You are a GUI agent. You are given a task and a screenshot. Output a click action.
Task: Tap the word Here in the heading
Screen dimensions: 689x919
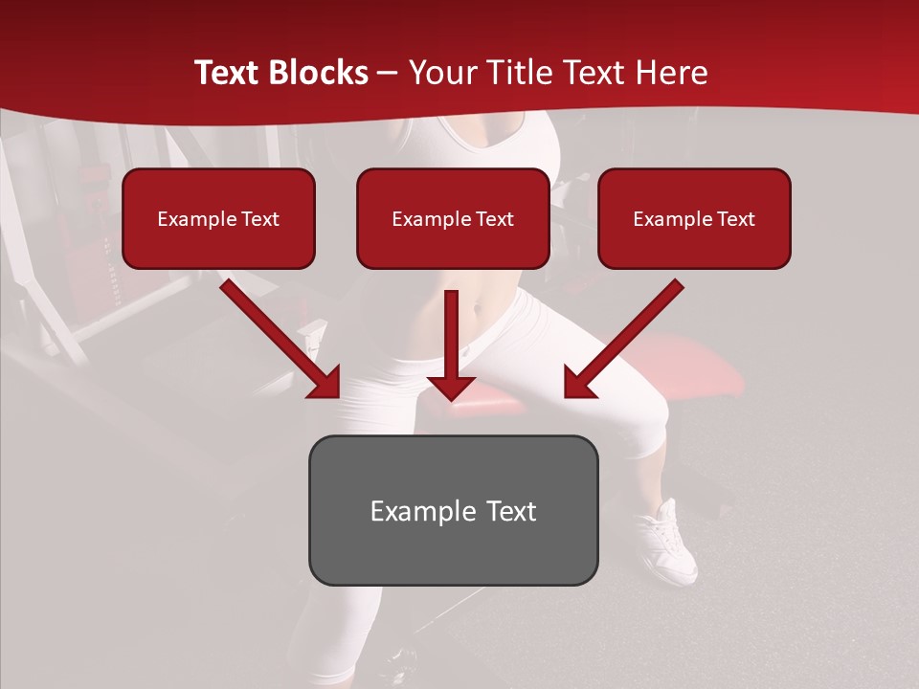coord(674,73)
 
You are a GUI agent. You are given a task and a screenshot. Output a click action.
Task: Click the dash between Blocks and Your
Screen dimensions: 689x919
coord(388,74)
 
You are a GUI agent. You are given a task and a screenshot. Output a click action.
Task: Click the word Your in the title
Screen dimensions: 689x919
coord(443,73)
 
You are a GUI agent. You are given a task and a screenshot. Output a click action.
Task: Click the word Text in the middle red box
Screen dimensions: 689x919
coord(494,219)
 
